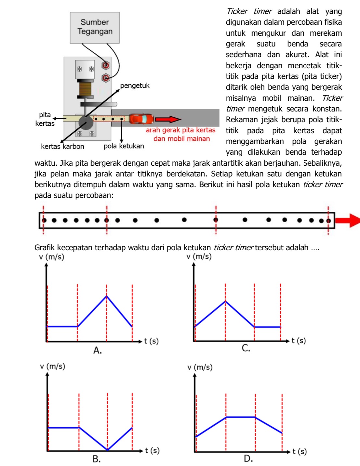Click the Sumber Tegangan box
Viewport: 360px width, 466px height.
click(95, 28)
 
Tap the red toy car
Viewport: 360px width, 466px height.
click(141, 119)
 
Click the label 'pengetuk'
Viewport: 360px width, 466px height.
click(135, 86)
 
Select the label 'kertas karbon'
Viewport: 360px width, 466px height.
click(62, 147)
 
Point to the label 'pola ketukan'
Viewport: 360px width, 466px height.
click(124, 146)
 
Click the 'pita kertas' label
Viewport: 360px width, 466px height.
click(45, 119)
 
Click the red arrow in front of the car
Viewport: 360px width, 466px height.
click(167, 120)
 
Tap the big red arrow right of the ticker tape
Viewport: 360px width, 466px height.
click(347, 220)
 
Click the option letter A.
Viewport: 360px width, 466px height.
click(97, 350)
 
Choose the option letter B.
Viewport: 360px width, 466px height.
click(97, 459)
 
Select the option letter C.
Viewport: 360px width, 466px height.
click(246, 348)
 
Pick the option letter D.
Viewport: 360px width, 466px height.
click(248, 459)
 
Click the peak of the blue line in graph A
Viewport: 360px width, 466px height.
click(106, 296)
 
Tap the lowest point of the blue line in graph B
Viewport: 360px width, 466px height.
click(108, 450)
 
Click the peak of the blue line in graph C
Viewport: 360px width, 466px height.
click(225, 302)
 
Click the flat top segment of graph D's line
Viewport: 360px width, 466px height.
click(241, 417)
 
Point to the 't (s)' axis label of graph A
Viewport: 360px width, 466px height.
click(151, 341)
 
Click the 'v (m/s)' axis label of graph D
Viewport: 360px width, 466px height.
click(200, 367)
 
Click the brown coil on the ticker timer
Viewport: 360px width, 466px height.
click(85, 89)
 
